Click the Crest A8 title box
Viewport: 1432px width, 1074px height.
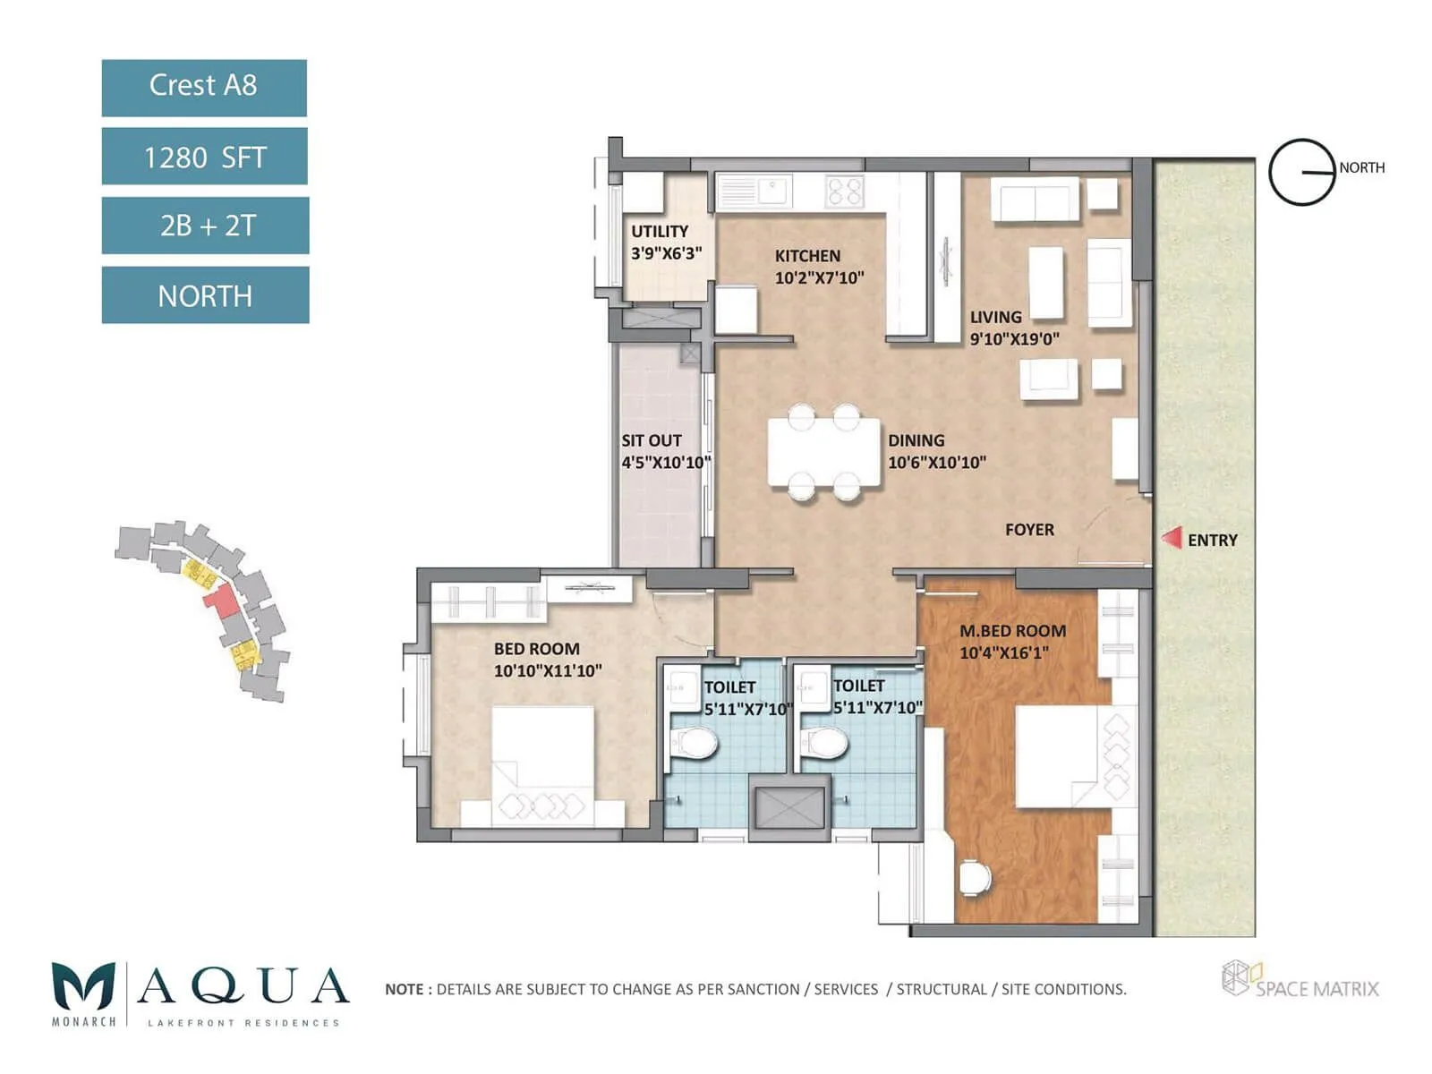tap(204, 88)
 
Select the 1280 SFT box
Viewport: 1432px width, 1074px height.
tap(205, 157)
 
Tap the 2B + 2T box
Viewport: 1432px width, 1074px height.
tap(206, 226)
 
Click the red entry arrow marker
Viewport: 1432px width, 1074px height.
tap(1172, 538)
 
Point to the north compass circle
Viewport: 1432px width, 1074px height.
tap(1302, 172)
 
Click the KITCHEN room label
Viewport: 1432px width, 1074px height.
tap(807, 256)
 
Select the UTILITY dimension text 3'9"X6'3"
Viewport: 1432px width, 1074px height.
tap(666, 253)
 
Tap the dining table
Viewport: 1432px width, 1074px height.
tap(823, 452)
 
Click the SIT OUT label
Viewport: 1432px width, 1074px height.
tap(652, 440)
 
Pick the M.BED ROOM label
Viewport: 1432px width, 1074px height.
tap(1012, 631)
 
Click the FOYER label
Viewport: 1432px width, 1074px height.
tap(1029, 530)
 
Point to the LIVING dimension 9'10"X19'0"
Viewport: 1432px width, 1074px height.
tap(1014, 339)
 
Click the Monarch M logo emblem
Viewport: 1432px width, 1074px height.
tap(83, 986)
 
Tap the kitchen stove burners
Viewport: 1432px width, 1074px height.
tap(845, 192)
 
